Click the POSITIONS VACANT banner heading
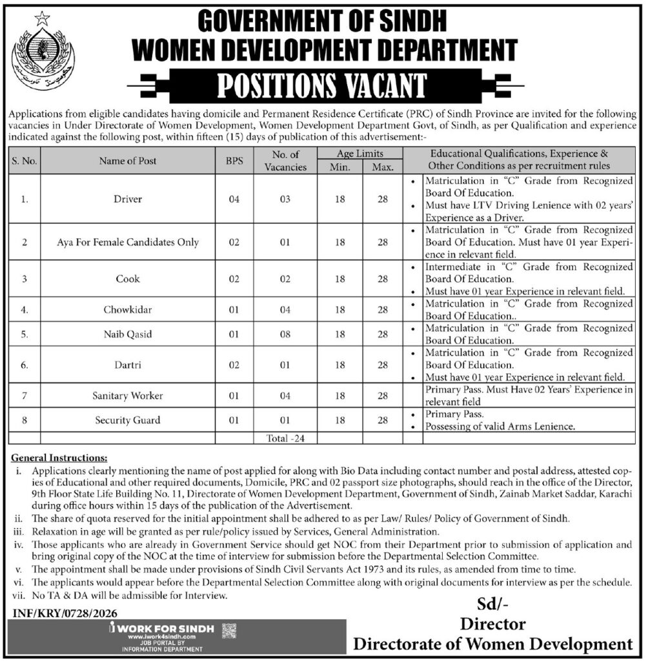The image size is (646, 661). (x=323, y=85)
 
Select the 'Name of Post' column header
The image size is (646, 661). (x=128, y=161)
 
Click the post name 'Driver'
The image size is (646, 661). (x=128, y=199)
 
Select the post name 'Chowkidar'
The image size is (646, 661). (x=128, y=310)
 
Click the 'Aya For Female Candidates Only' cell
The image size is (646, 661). (x=128, y=242)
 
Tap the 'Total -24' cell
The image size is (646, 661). (x=285, y=438)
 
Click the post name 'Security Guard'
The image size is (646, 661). (x=128, y=420)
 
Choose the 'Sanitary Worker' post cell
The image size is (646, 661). (x=128, y=395)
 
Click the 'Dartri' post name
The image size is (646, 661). (x=128, y=365)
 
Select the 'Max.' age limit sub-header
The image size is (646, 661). (x=383, y=167)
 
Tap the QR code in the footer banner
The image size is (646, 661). (x=228, y=631)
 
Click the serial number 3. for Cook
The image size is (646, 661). (x=24, y=280)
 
